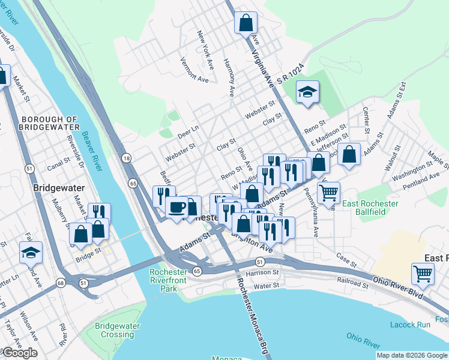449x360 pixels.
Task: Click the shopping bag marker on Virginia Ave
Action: coord(246,24)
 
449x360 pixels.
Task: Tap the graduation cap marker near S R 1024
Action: coord(308,92)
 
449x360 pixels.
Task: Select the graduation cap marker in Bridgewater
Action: coord(31,253)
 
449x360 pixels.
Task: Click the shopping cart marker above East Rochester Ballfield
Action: coord(328,193)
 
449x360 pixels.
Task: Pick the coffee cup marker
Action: coord(176,208)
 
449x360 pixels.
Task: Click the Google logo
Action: coord(20,353)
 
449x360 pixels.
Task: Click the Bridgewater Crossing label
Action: coord(116,330)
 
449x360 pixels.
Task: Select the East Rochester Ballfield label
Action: coord(371,208)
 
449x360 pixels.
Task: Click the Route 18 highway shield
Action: coord(125,158)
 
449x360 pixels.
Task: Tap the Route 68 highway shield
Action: coord(61,283)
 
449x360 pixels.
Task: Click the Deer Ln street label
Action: coord(188,128)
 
